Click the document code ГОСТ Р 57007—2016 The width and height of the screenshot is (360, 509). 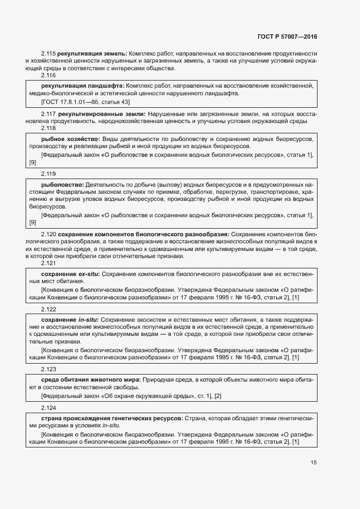[286, 37]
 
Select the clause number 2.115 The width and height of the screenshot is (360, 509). [48, 53]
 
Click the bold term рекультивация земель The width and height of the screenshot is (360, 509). [92, 53]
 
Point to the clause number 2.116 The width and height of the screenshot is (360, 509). [48, 76]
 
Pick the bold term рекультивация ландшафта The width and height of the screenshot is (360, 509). [82, 86]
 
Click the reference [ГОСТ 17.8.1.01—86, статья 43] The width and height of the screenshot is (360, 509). [86, 102]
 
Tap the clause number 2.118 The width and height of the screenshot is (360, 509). [48, 128]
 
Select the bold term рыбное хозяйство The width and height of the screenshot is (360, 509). [70, 139]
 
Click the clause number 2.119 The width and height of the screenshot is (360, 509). [48, 174]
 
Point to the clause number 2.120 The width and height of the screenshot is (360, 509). [48, 234]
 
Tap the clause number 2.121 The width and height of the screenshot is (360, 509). [48, 263]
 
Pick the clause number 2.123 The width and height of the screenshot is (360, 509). [48, 368]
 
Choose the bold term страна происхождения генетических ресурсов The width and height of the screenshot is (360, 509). [112, 418]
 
